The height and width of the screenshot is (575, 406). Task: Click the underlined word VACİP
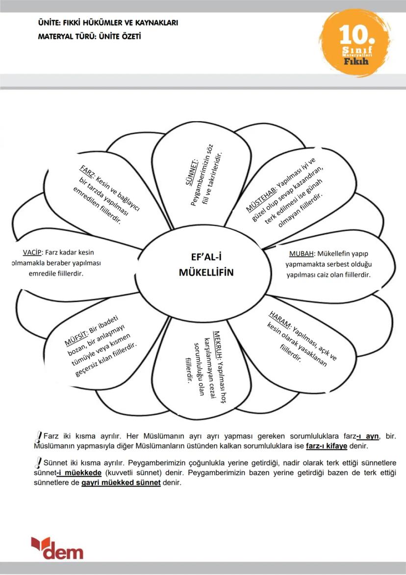(x=32, y=252)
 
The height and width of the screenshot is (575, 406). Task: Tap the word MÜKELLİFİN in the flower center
(x=206, y=272)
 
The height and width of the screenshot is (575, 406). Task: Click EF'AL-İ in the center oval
(x=206, y=257)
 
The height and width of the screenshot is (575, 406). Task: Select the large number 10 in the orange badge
(x=357, y=35)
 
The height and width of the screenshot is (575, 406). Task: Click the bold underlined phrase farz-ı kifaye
(x=327, y=447)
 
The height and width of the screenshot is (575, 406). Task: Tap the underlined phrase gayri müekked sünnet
(x=121, y=483)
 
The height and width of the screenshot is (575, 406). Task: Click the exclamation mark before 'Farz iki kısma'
(x=39, y=437)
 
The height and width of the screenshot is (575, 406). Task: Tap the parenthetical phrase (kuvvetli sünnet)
(x=135, y=472)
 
